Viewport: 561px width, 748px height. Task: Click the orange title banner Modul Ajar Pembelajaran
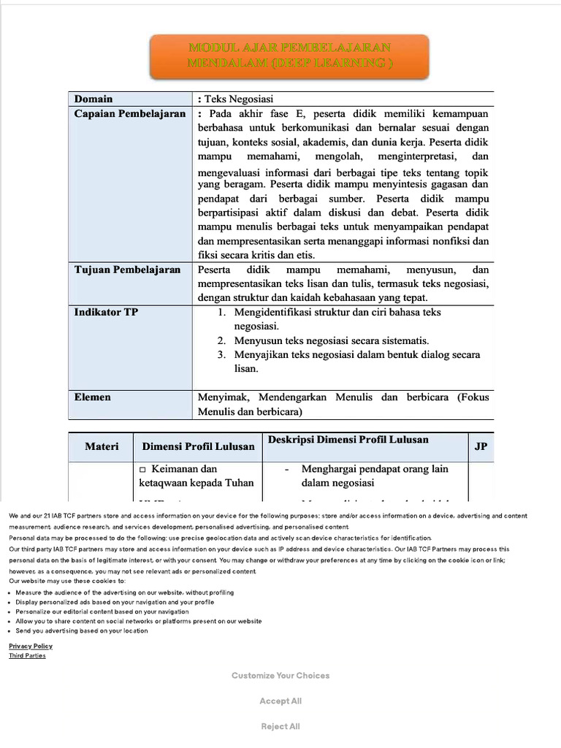point(290,56)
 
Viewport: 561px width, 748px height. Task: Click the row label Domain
point(93,99)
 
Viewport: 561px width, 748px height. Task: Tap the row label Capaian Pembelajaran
point(129,114)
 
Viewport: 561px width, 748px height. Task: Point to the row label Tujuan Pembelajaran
point(127,270)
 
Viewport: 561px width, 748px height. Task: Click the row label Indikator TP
point(106,312)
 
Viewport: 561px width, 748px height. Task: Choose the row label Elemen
point(93,397)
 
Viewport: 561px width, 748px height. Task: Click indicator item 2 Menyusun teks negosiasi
point(331,340)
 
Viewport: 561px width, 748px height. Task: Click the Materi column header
point(101,446)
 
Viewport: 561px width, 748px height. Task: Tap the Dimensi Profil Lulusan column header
point(198,446)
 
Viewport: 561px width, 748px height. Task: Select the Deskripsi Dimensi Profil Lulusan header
point(348,440)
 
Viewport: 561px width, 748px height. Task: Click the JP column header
point(480,446)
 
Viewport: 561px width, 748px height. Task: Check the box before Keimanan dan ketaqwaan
point(143,469)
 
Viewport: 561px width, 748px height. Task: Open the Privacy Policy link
point(31,646)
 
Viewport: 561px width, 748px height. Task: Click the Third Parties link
point(27,655)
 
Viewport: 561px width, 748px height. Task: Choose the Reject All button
point(280,726)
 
